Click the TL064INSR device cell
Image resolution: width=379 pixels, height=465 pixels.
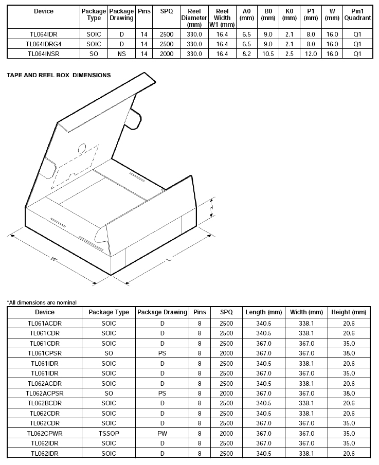coord(43,54)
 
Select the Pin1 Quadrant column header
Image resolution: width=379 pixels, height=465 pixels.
coord(357,14)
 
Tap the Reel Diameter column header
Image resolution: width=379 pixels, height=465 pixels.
coord(194,18)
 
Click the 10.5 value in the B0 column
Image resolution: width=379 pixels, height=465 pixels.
coord(268,54)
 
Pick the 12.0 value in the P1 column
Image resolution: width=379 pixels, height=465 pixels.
coord(311,54)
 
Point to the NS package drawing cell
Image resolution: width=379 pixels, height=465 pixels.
coord(121,54)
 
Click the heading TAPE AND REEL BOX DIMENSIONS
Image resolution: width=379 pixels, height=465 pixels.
coord(59,75)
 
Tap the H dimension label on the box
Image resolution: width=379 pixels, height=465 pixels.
coord(211,208)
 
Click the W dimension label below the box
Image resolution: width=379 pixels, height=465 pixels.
coord(53,259)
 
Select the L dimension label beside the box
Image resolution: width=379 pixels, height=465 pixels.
coord(169,260)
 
